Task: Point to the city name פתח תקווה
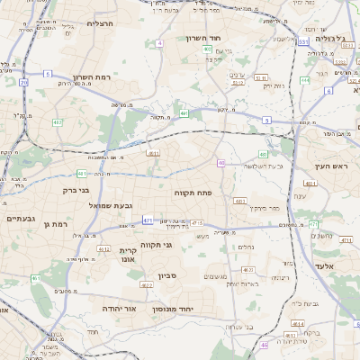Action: click(192, 193)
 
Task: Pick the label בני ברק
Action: click(76, 190)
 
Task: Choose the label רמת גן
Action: click(54, 224)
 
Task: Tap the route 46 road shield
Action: click(264, 345)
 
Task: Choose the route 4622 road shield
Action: click(146, 285)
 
